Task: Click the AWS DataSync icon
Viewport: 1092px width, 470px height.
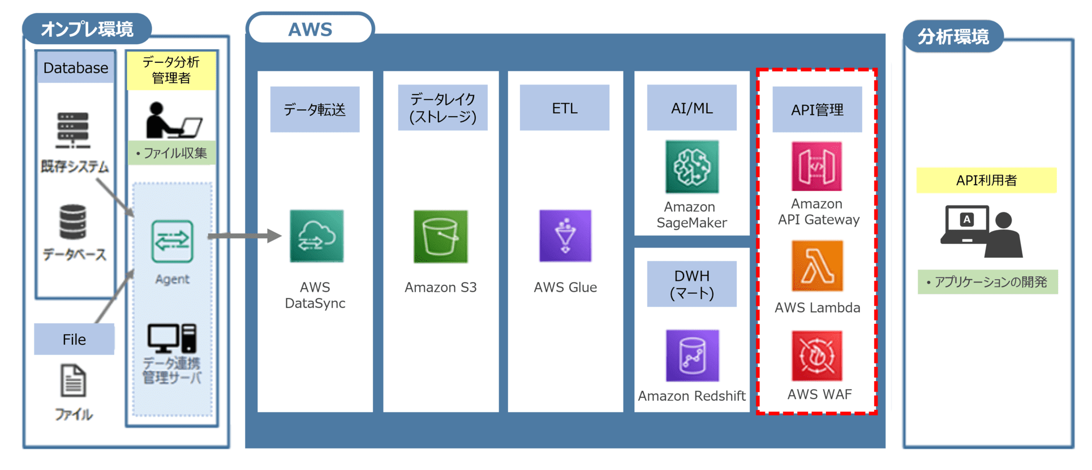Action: [316, 236]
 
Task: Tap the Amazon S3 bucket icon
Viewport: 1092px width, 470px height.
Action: [441, 237]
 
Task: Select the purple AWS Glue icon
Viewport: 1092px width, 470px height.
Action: [565, 236]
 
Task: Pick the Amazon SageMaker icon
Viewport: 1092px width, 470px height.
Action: [692, 167]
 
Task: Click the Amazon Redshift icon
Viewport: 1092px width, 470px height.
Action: [693, 356]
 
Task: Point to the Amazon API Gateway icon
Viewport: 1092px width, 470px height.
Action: [816, 166]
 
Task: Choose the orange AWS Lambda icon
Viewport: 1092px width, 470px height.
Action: [817, 266]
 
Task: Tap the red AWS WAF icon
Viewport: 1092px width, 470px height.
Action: [817, 356]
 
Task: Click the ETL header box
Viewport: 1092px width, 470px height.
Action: [565, 108]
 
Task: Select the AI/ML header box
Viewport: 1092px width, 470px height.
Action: [692, 108]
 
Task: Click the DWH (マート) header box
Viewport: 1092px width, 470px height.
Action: [692, 284]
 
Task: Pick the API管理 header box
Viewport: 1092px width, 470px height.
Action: [817, 109]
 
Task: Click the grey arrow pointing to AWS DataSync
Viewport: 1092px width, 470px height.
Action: [244, 236]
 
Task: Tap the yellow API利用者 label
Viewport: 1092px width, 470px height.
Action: [986, 181]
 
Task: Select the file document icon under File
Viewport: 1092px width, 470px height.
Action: [74, 381]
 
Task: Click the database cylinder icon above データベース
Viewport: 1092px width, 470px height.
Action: [73, 222]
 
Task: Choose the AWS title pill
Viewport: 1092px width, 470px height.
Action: [311, 29]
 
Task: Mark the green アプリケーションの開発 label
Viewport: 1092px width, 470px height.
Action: [987, 282]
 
